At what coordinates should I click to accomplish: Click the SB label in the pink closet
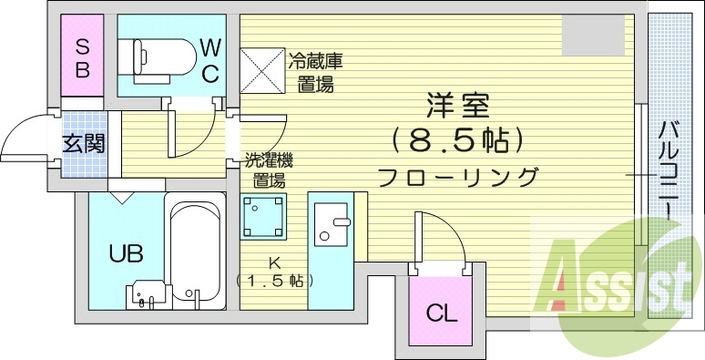(82, 57)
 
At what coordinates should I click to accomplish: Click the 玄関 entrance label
(83, 143)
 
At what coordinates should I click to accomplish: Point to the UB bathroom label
(127, 252)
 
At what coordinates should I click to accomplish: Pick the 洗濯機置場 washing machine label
(267, 169)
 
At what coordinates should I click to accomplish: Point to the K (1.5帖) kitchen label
(273, 273)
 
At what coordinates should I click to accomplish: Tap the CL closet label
(441, 314)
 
